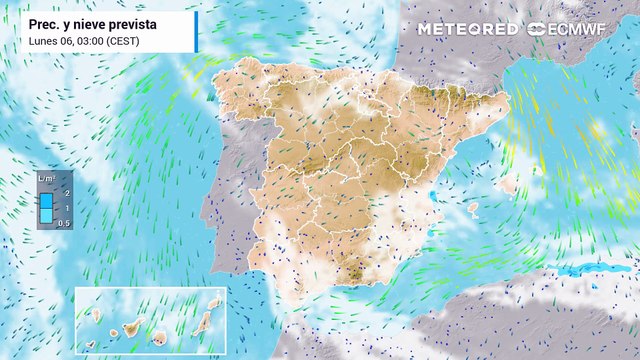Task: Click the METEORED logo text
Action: [468, 28]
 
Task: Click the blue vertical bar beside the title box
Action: [196, 32]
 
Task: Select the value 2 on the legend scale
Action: [65, 191]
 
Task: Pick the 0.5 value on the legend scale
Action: [65, 222]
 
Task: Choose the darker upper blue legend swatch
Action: [47, 199]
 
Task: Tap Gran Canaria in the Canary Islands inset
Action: [158, 332]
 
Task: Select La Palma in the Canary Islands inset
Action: [99, 314]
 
